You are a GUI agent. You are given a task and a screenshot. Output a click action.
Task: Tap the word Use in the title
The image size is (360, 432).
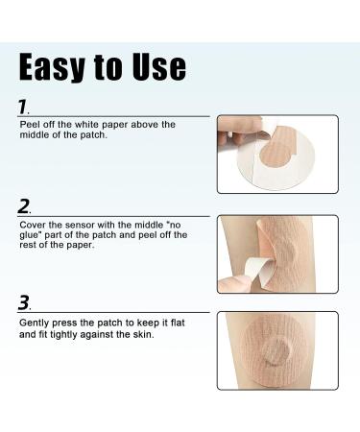coord(159,67)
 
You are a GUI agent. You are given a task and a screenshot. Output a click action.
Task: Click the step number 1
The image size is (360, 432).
coord(23,107)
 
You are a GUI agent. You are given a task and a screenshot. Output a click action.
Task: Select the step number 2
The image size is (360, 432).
coord(24,206)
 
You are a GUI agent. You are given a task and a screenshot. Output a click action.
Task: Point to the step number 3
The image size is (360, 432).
coord(24,302)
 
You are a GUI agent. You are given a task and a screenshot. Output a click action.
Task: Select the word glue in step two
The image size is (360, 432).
coord(30,236)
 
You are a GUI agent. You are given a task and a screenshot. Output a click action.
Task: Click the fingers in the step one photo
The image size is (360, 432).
coord(238,131)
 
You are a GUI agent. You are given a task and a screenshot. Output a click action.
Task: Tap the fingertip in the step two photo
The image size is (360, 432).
coord(233,283)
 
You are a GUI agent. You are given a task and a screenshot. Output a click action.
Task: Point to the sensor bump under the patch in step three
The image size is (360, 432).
coord(277,351)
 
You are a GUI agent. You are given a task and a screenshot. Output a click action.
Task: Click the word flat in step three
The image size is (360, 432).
coord(178,323)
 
